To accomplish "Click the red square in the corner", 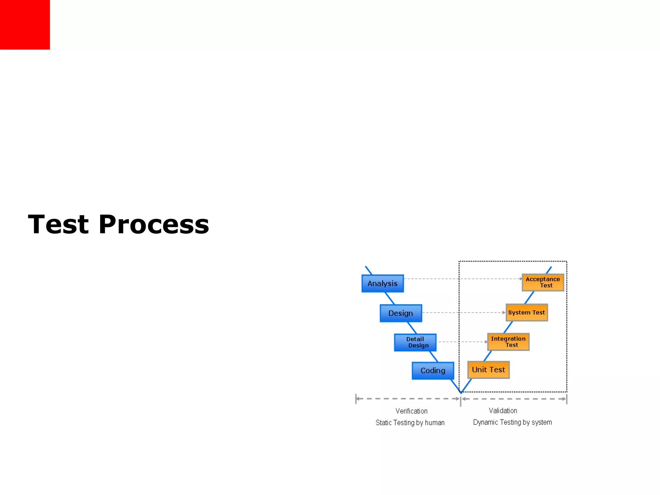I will tap(25, 24).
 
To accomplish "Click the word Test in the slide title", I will tap(58, 224).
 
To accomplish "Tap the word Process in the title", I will tap(154, 224).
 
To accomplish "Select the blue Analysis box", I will tap(383, 284).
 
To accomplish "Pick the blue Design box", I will tap(401, 313).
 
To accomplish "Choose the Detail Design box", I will tap(415, 342).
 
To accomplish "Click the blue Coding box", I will tap(433, 371).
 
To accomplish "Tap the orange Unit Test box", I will tap(488, 370).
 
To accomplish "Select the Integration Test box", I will tap(508, 342).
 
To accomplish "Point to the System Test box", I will tap(527, 312).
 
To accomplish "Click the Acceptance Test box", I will tap(543, 282).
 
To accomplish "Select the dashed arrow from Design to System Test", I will tap(464, 312).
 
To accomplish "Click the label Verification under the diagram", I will tap(412, 411).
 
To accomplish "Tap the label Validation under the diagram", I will tap(503, 411).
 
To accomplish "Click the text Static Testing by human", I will tap(410, 422).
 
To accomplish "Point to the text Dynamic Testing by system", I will tap(512, 422).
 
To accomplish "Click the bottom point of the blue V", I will tap(461, 392).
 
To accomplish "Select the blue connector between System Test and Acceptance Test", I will tap(529, 297).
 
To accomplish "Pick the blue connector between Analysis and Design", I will tap(390, 298).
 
